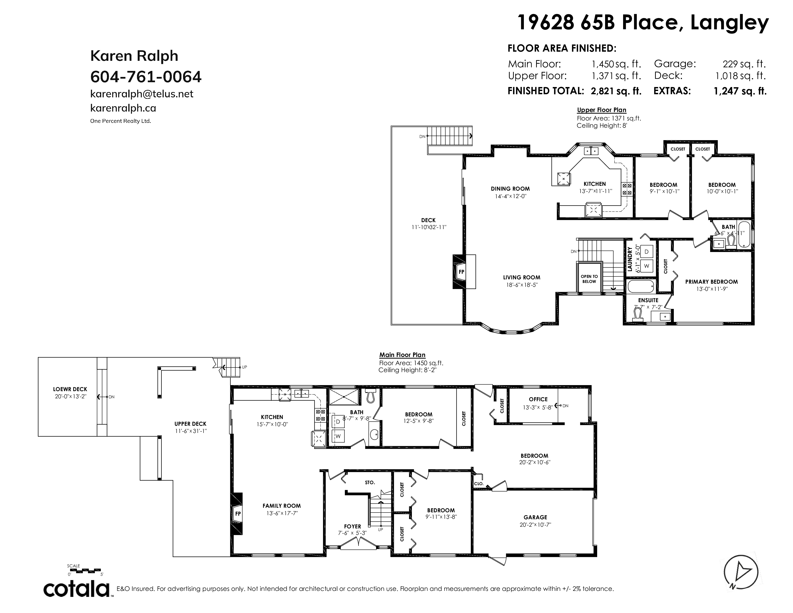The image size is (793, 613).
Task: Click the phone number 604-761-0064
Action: pos(146,77)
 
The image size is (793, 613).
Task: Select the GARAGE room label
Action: pos(535,517)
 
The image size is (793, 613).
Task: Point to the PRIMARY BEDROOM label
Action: pos(711,281)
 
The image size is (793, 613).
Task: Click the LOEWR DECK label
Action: pos(70,389)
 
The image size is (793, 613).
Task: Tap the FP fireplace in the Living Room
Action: pos(461,272)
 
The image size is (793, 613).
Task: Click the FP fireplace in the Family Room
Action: pos(238,513)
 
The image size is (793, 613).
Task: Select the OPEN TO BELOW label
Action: pos(589,279)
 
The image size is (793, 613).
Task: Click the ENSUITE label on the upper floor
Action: pos(648,300)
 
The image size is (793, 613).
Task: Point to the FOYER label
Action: pos(353,526)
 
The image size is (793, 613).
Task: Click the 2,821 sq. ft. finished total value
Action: pos(616,91)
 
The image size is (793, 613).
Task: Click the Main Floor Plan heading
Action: pos(402,355)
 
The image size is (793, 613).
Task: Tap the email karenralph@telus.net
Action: pos(142,94)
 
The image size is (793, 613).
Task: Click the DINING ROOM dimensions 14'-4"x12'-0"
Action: pos(510,196)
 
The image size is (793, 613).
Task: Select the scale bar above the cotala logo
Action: pos(85,570)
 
